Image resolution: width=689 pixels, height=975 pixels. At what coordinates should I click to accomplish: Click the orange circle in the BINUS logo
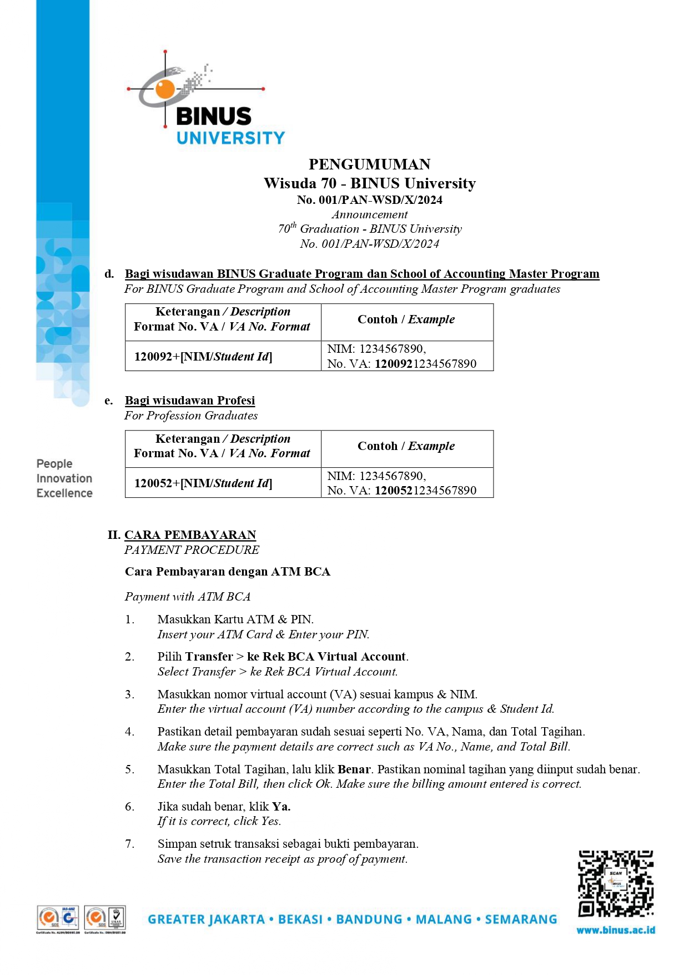tap(165, 89)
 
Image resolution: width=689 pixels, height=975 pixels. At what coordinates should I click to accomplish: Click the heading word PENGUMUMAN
tap(369, 164)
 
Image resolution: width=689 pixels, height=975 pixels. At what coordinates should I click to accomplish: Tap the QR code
tap(616, 883)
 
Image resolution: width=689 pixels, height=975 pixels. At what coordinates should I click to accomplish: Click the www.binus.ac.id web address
tap(616, 930)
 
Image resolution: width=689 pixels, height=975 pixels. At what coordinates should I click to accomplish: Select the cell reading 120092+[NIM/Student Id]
tap(203, 357)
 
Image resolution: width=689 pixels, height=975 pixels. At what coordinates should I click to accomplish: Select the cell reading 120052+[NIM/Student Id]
tap(203, 483)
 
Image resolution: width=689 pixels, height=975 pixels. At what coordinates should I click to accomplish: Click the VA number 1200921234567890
tap(425, 364)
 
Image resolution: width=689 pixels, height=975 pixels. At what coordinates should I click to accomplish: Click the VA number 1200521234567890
tap(425, 491)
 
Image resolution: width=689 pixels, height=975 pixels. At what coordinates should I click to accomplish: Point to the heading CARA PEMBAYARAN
tap(190, 535)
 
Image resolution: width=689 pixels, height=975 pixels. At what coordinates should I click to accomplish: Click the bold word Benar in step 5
tap(354, 769)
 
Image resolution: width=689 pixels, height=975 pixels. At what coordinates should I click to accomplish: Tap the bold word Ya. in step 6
tap(281, 807)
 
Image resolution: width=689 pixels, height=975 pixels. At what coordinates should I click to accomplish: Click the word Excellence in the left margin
tap(64, 493)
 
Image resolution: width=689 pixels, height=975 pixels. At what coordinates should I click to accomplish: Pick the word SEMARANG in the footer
tap(521, 919)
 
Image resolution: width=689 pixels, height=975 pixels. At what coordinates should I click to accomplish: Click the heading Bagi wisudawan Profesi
tap(190, 401)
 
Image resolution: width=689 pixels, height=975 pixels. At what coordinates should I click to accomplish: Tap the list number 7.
tap(129, 844)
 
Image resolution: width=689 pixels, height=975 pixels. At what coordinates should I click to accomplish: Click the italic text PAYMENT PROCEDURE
tap(192, 550)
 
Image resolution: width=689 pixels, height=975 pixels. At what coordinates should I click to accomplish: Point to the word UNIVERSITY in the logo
tap(230, 138)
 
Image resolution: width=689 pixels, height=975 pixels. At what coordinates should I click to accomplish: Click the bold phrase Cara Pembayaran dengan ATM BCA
tap(228, 572)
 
